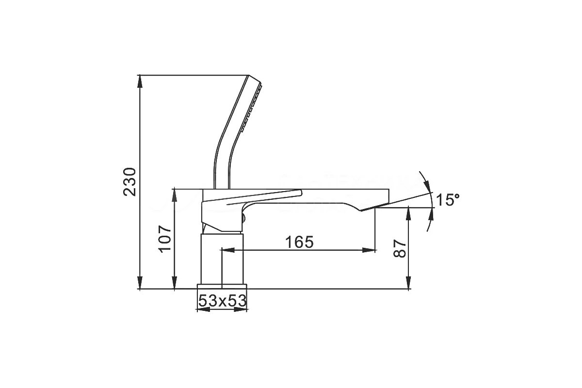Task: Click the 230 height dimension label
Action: (x=129, y=182)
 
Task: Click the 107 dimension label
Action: (x=165, y=239)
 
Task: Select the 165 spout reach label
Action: (x=299, y=242)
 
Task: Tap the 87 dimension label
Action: (x=400, y=249)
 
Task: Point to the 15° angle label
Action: (x=448, y=200)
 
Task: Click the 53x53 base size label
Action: (x=222, y=301)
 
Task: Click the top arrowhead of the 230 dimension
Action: (x=140, y=81)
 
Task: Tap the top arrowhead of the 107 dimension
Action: (x=175, y=195)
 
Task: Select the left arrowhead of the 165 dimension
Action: (x=227, y=250)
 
